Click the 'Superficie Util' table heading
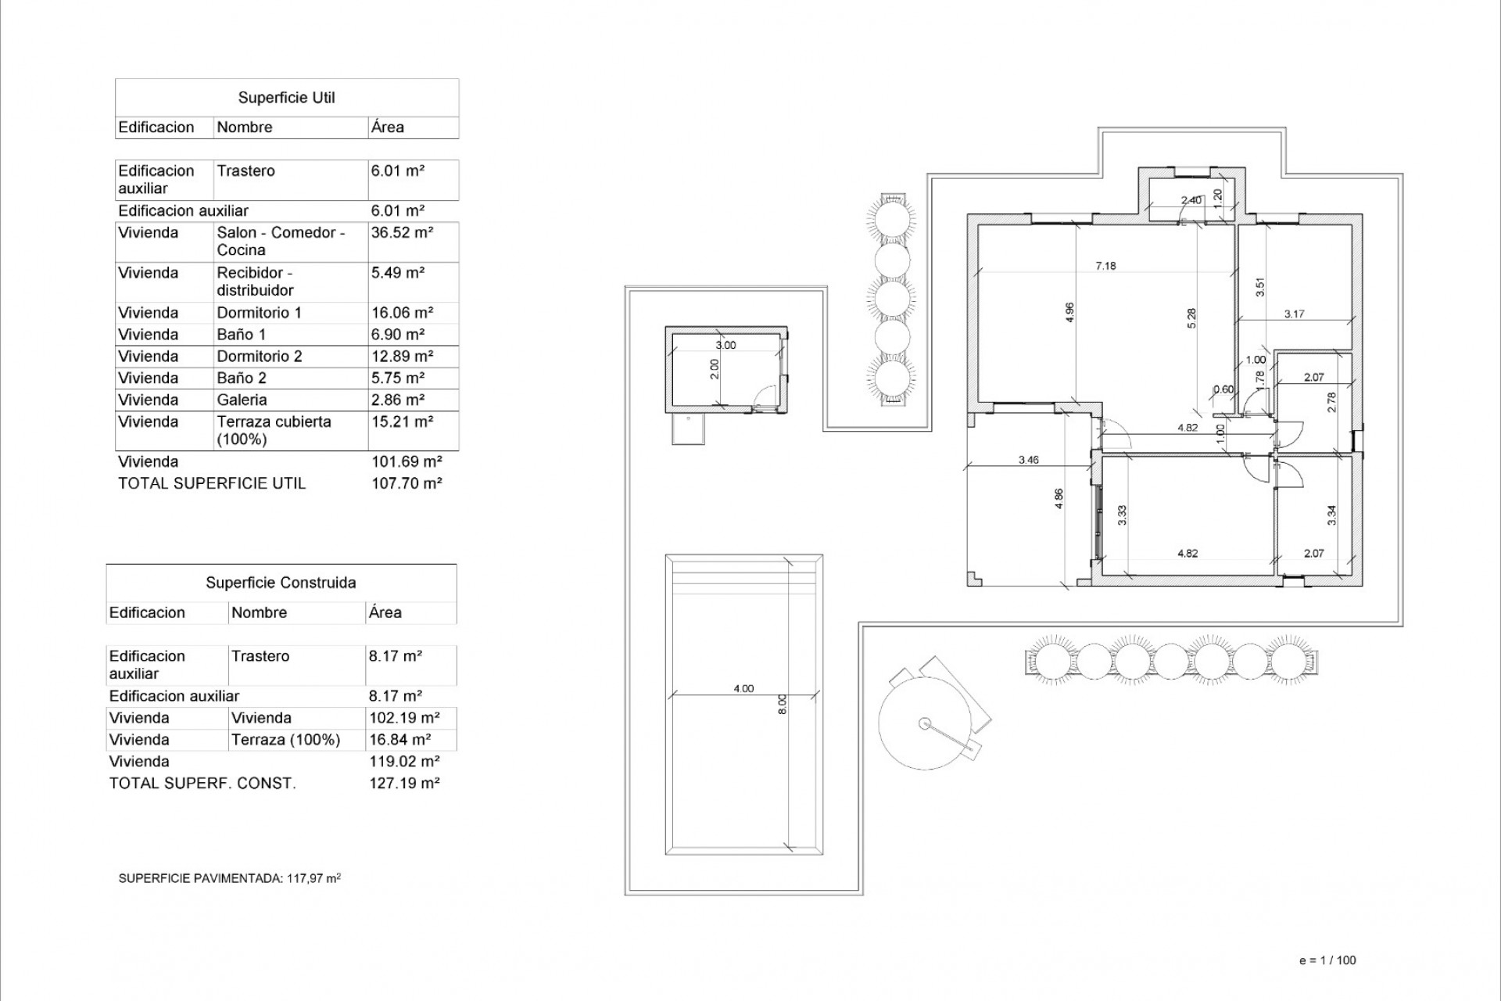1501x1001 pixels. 286,98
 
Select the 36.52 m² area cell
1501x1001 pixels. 402,232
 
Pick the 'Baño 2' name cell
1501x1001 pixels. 242,379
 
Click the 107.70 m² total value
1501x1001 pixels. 407,483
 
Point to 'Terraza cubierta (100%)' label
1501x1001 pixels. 274,430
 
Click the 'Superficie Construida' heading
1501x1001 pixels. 281,583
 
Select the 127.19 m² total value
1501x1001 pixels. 404,783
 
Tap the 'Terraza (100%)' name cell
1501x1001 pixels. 285,740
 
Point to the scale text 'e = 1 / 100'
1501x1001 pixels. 1327,960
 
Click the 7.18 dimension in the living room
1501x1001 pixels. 1105,266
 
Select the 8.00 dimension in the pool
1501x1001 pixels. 783,705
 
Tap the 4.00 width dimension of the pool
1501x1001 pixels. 743,688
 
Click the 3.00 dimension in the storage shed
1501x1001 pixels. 725,345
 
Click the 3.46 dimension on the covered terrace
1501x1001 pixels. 1029,460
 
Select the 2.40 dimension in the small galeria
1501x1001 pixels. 1191,200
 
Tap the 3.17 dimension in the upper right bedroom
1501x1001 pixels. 1294,314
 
